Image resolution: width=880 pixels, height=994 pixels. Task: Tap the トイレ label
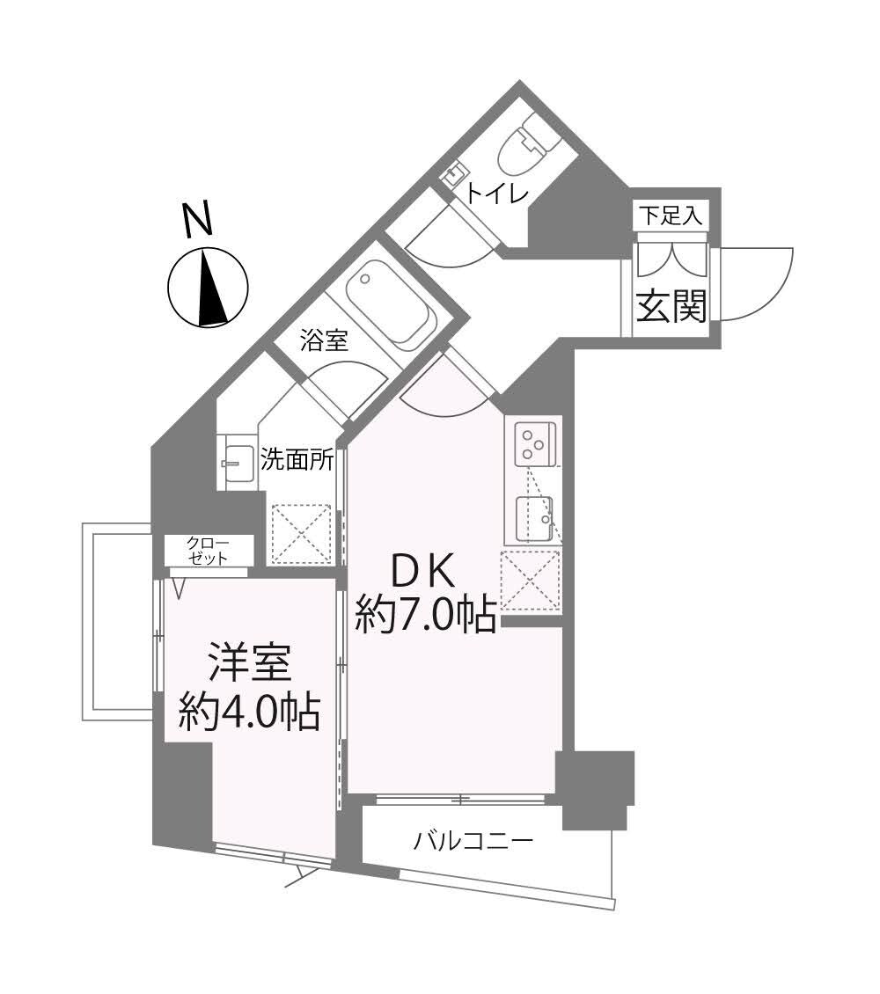[495, 194]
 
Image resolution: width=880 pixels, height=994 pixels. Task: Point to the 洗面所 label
[297, 459]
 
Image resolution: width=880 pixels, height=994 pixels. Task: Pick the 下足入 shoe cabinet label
[671, 216]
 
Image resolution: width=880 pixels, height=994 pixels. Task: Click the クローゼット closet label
[209, 551]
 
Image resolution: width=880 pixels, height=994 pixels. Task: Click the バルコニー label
[473, 842]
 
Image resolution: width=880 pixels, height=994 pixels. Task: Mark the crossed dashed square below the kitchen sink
[531, 581]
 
